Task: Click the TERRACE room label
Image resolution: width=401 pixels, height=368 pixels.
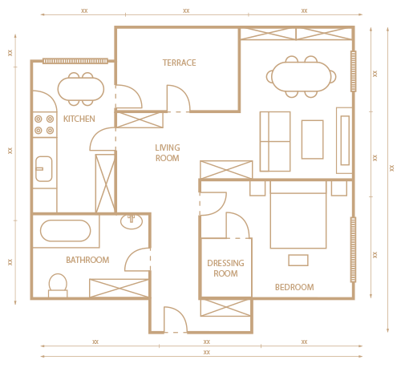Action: pyautogui.click(x=180, y=63)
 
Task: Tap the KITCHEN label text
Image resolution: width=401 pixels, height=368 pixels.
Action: pyautogui.click(x=79, y=119)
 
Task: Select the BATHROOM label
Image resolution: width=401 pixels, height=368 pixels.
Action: pyautogui.click(x=87, y=260)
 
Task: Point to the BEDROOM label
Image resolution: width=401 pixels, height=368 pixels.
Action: pyautogui.click(x=294, y=287)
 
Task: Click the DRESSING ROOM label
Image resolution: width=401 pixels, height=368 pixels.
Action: pyautogui.click(x=225, y=269)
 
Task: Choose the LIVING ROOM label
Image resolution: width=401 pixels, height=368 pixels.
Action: pyautogui.click(x=168, y=153)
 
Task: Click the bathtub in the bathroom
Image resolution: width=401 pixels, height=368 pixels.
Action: pyautogui.click(x=66, y=231)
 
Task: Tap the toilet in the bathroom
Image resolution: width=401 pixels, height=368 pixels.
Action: pyautogui.click(x=58, y=285)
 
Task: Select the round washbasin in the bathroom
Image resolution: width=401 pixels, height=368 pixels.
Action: pyautogui.click(x=132, y=221)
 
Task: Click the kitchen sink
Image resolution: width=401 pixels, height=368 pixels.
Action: pyautogui.click(x=44, y=169)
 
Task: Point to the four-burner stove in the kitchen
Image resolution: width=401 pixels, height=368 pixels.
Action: pyautogui.click(x=44, y=124)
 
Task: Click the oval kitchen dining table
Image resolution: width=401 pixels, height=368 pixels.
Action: pyautogui.click(x=81, y=89)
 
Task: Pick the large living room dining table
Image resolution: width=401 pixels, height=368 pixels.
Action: pyautogui.click(x=302, y=76)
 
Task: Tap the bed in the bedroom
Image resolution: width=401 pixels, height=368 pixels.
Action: pyautogui.click(x=298, y=215)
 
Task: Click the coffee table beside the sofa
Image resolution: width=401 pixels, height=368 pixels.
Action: pyautogui.click(x=313, y=140)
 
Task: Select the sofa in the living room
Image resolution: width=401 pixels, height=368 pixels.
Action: pyautogui.click(x=275, y=141)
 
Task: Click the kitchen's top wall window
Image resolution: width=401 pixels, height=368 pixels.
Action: pyautogui.click(x=75, y=61)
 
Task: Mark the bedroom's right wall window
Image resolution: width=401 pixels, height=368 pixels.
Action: pyautogui.click(x=353, y=249)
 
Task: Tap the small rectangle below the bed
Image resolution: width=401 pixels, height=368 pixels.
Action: pyautogui.click(x=298, y=261)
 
